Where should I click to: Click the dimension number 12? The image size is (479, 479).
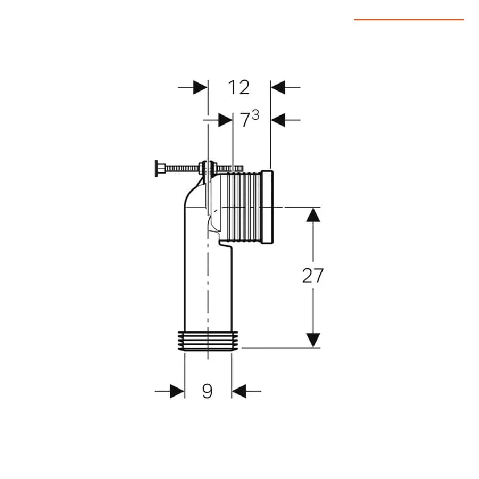click(x=239, y=87)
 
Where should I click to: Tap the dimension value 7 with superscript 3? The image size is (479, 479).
click(x=250, y=119)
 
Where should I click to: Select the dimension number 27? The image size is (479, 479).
click(x=312, y=276)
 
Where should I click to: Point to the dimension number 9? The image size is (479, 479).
click(x=208, y=391)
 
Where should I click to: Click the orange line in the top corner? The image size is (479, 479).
click(x=409, y=20)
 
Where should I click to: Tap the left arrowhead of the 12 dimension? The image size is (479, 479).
click(x=201, y=87)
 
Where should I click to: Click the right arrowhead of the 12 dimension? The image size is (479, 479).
click(x=278, y=87)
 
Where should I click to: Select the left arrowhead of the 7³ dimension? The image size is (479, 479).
click(x=226, y=120)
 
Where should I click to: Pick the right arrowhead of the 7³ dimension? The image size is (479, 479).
click(x=278, y=120)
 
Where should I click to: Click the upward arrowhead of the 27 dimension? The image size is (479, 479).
click(x=313, y=214)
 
